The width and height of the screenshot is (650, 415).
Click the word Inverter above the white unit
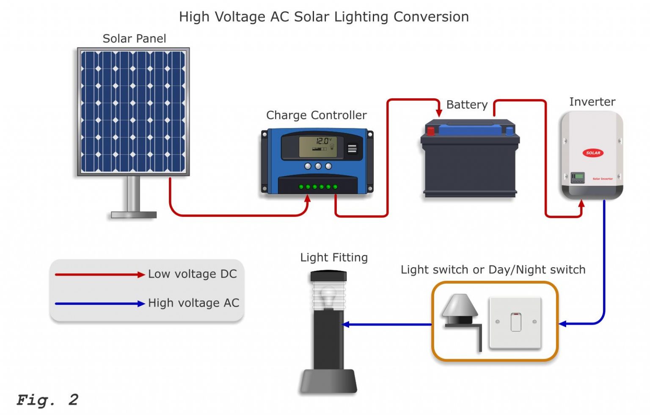tap(592, 102)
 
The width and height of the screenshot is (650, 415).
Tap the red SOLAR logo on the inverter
tap(593, 153)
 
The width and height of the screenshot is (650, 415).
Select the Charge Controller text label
tap(316, 115)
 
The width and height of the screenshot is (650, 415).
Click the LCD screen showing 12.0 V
tap(318, 147)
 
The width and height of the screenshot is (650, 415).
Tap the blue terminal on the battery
tap(510, 130)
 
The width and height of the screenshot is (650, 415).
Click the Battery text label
tap(467, 105)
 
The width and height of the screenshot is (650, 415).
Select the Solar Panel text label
tap(134, 39)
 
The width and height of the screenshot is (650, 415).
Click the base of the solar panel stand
tap(133, 215)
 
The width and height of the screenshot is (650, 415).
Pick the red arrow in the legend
tap(100, 274)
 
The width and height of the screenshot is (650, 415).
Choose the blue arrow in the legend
tap(100, 304)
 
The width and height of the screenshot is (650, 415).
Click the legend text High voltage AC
tap(193, 303)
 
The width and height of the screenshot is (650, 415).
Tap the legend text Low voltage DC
tap(192, 274)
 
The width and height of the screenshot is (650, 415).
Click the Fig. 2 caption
tap(47, 400)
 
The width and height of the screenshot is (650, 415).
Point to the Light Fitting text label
tap(333, 257)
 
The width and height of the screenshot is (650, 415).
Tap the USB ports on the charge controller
tap(352, 149)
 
